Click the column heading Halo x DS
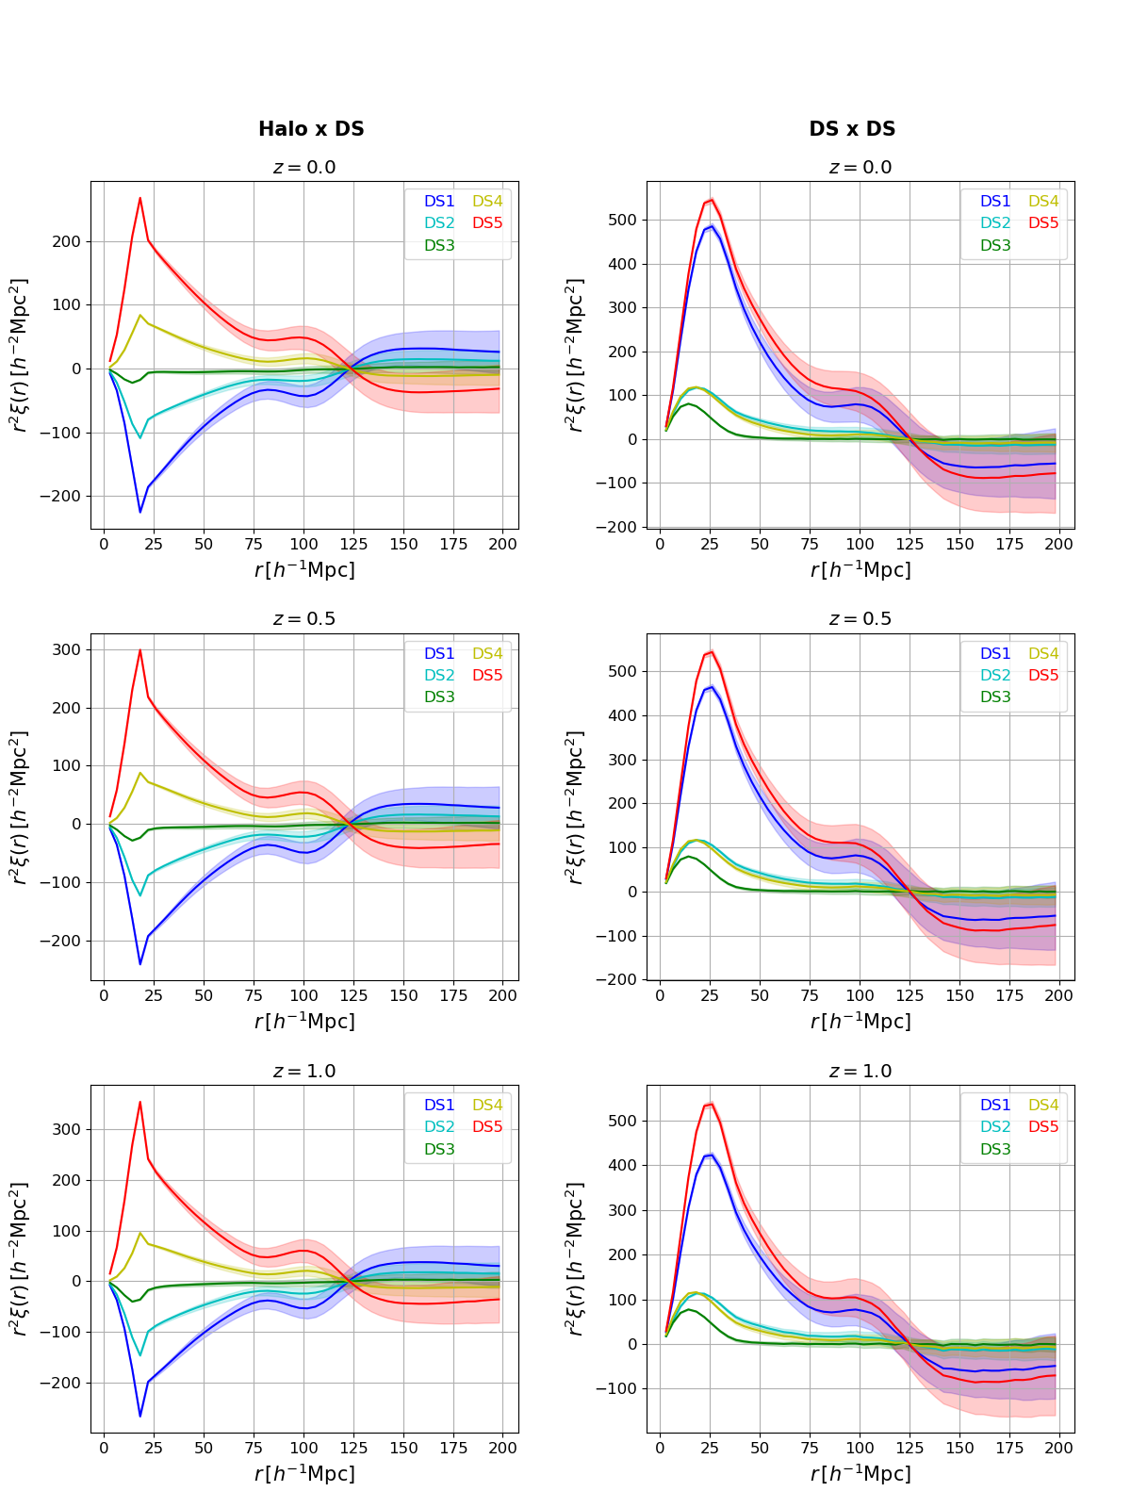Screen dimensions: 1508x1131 [311, 129]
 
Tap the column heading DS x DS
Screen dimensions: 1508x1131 [852, 129]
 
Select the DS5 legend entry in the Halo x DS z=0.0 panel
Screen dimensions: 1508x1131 [487, 223]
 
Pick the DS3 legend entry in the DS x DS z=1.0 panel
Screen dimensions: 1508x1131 [995, 1150]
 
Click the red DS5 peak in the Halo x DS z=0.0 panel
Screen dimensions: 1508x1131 [139, 198]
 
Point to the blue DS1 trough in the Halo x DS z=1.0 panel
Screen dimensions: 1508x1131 [139, 1416]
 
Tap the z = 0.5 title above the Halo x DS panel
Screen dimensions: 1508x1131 [303, 619]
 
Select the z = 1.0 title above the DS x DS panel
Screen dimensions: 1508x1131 [860, 1072]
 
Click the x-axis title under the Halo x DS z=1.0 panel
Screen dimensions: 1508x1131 [303, 1473]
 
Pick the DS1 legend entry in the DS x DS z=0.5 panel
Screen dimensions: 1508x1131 [995, 654]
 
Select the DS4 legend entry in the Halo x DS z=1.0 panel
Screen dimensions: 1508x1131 [487, 1106]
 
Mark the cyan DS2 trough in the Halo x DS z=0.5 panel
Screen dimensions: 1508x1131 [139, 895]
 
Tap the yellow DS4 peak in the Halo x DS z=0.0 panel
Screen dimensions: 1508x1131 [139, 315]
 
